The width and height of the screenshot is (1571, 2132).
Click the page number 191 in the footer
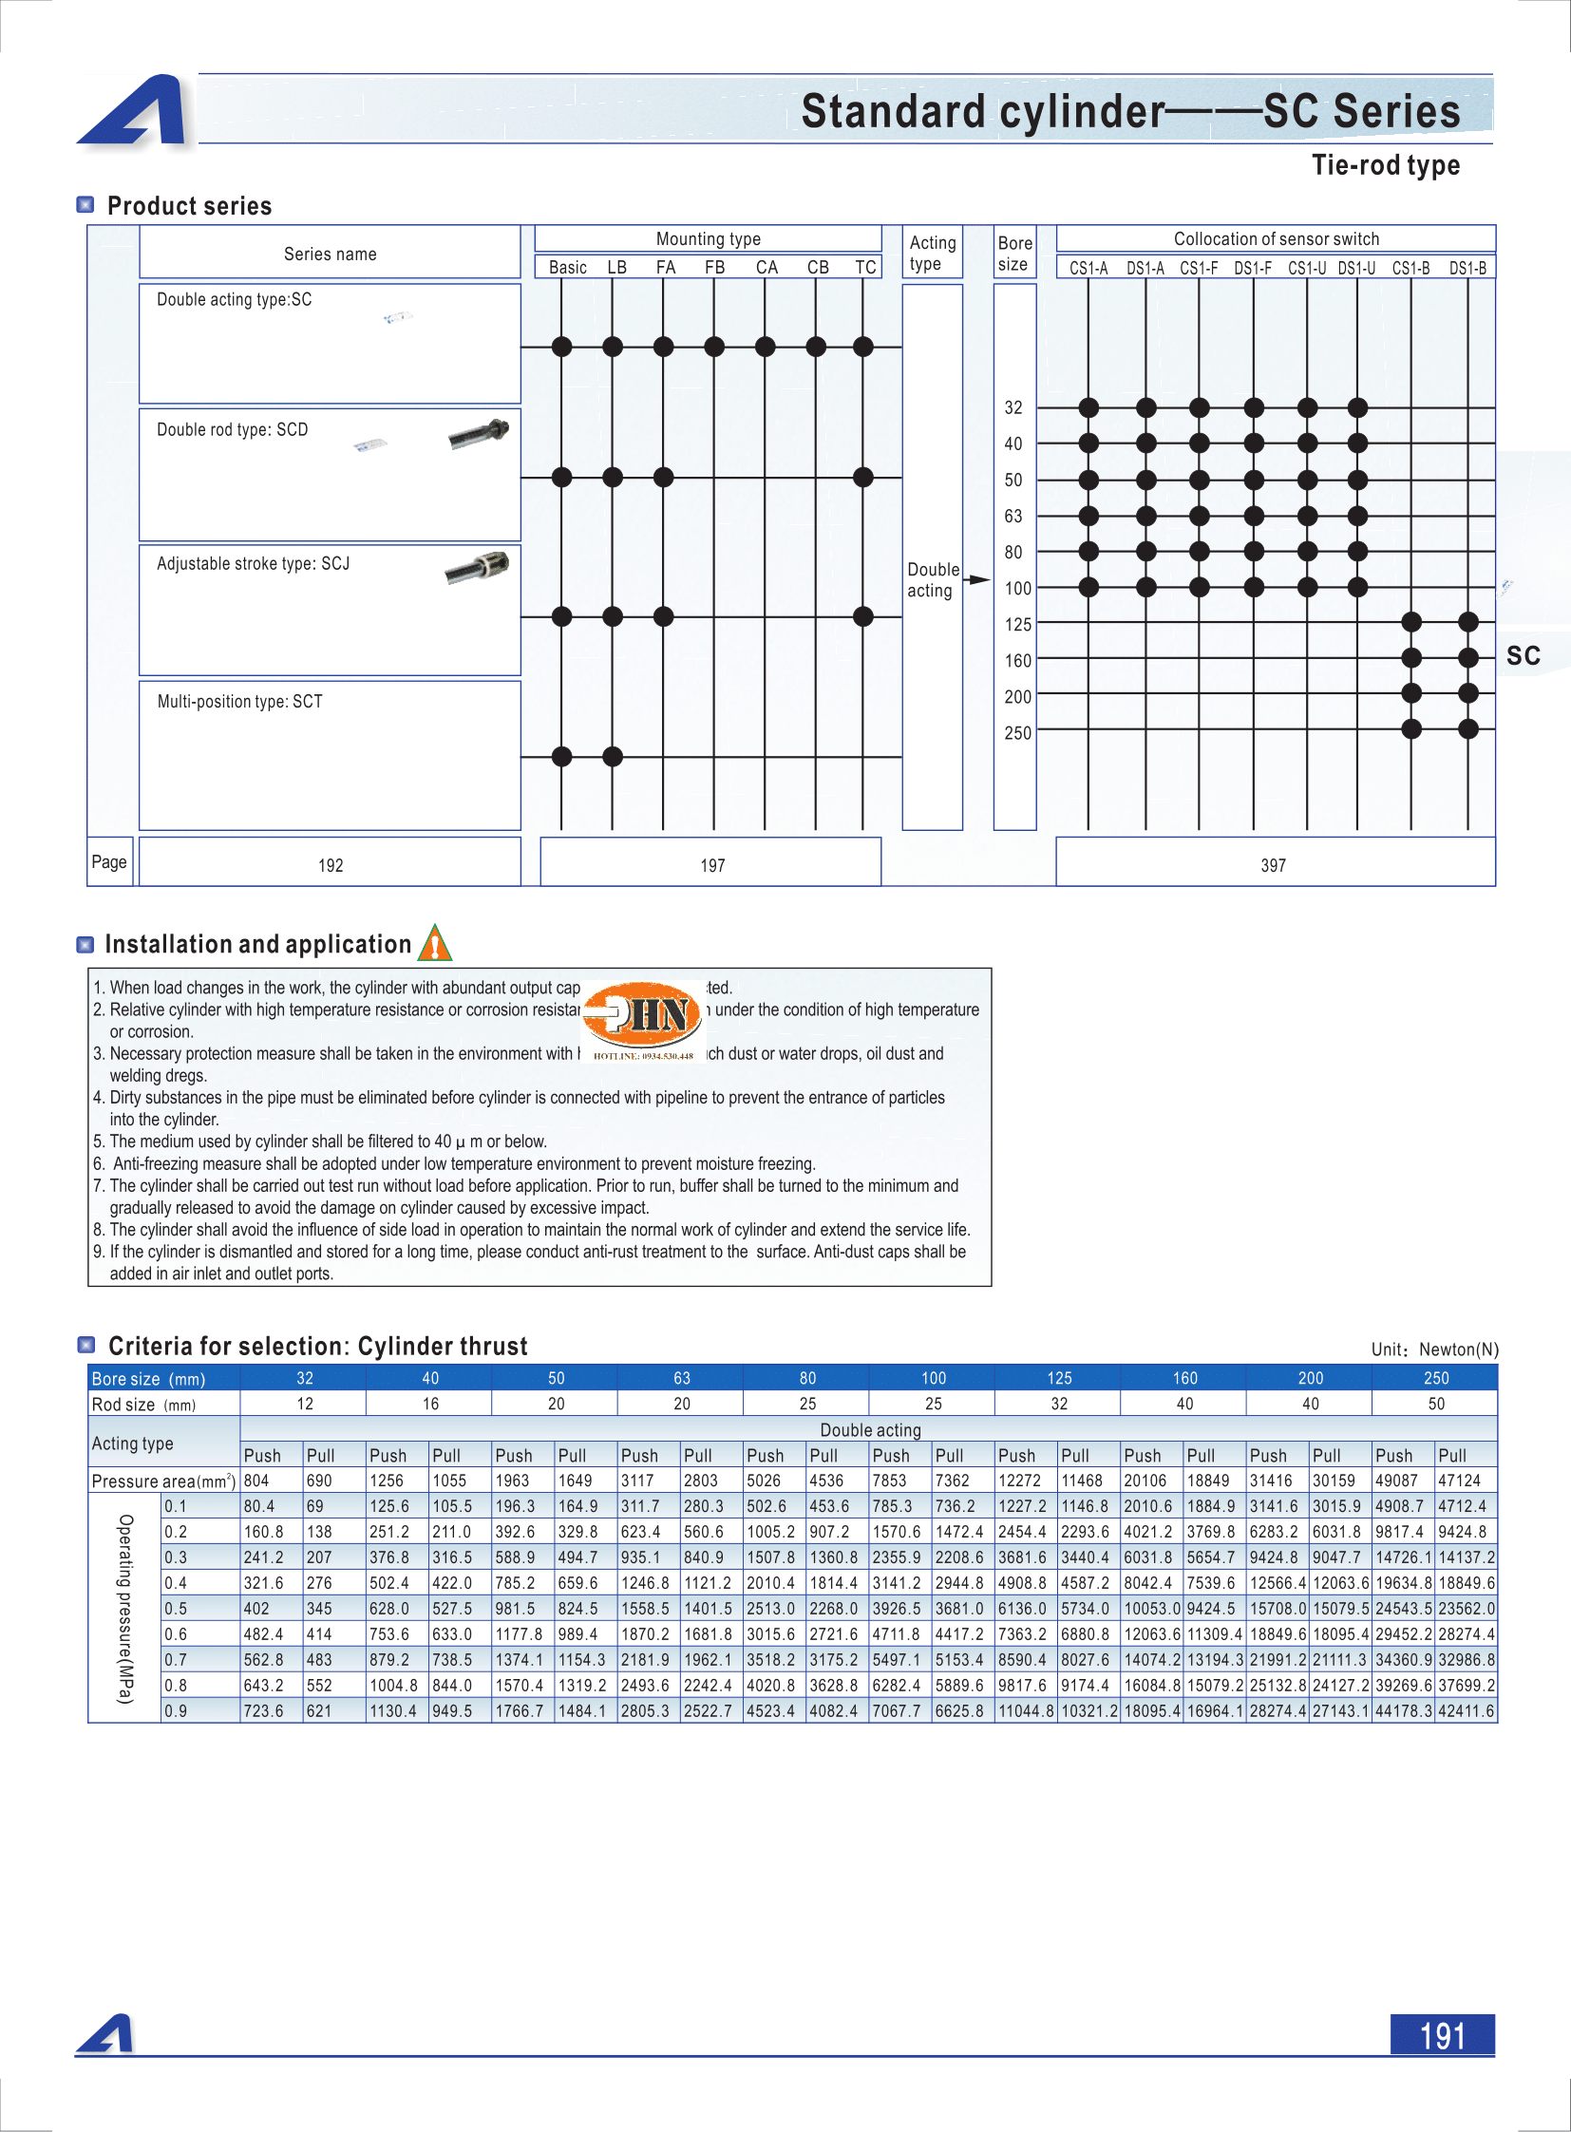[x=1442, y=2035]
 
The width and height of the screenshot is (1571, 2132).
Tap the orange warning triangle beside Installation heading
[x=435, y=944]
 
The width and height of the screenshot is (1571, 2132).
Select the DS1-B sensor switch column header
[x=1467, y=268]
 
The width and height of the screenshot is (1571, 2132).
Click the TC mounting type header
[x=864, y=267]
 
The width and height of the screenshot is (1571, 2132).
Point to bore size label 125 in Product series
[x=1017, y=624]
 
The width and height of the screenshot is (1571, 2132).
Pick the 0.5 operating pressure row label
[x=176, y=1608]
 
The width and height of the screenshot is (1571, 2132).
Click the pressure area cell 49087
[x=1396, y=1481]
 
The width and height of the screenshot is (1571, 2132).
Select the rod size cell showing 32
[x=1058, y=1404]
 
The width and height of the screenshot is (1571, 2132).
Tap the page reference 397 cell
[x=1274, y=864]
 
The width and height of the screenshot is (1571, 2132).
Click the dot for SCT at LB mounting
[x=613, y=757]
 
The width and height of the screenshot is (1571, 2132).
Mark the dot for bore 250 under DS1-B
[x=1468, y=729]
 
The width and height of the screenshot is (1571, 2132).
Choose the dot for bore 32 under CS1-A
[x=1088, y=408]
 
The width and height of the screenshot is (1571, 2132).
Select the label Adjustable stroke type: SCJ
[x=253, y=564]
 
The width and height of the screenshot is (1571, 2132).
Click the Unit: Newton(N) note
[x=1434, y=1349]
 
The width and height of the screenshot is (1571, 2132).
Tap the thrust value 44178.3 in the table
[x=1403, y=1710]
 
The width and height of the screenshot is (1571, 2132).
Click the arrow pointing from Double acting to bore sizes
[x=977, y=580]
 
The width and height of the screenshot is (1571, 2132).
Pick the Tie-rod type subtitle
[x=1386, y=165]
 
